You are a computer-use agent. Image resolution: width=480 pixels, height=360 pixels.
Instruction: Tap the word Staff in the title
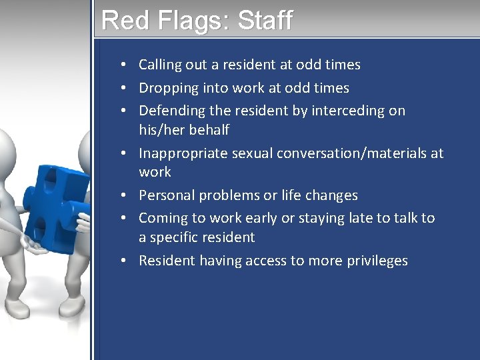pyautogui.click(x=265, y=20)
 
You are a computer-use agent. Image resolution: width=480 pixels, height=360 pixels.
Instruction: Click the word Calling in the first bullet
pyautogui.click(x=160, y=65)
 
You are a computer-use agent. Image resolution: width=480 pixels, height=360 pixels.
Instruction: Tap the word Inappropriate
pyautogui.click(x=183, y=153)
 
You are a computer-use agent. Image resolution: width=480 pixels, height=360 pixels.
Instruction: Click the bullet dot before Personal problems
pyautogui.click(x=125, y=195)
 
